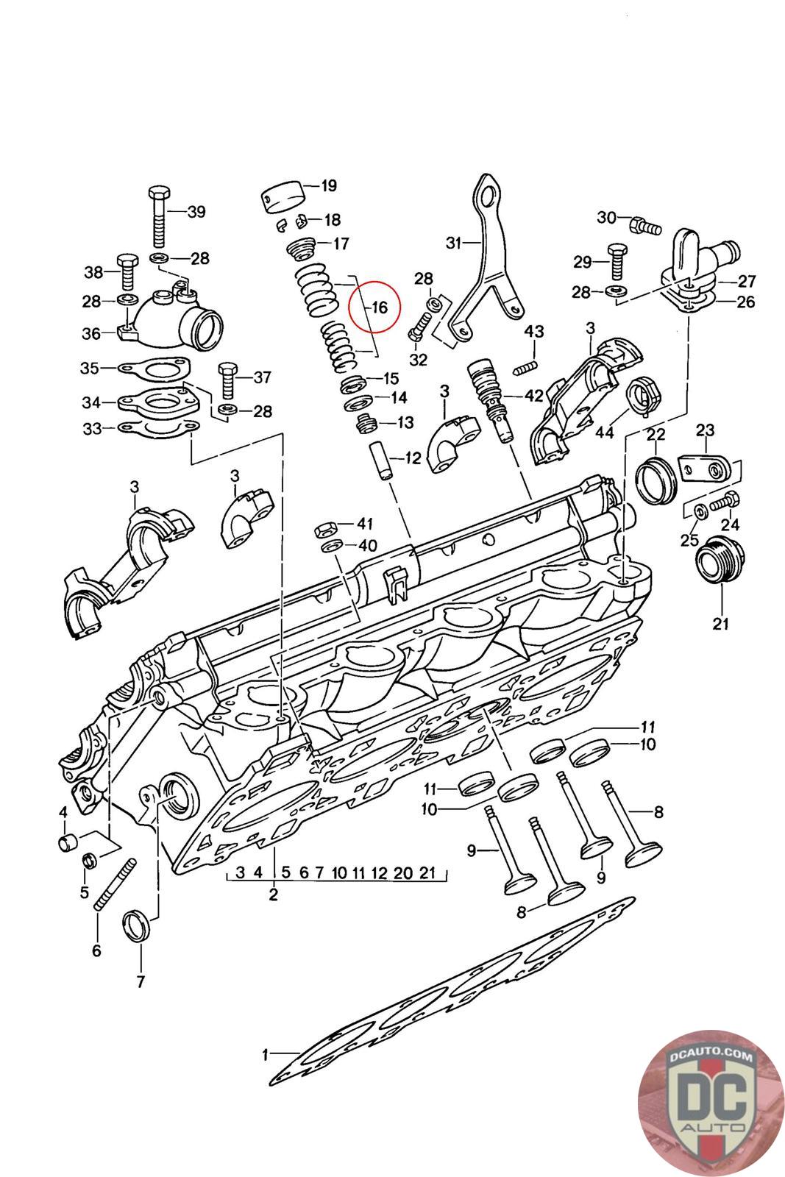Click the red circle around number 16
374,307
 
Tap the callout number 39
196,212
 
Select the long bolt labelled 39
159,216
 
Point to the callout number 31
454,243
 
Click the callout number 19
328,185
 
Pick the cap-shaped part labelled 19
284,197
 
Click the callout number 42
534,395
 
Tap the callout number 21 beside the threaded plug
720,623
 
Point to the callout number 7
141,981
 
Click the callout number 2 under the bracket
273,894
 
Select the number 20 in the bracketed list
403,872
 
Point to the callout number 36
91,333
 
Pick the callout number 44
605,432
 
